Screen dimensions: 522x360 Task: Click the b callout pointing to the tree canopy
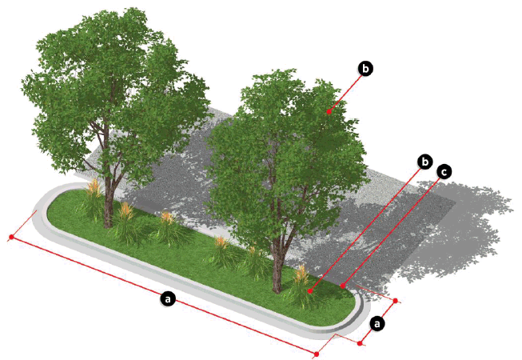tap(365, 69)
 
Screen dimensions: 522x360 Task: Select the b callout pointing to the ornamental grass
tap(424, 162)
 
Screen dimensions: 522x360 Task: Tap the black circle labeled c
tap(444, 172)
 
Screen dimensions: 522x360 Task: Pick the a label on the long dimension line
tap(168, 298)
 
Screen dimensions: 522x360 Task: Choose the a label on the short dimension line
tap(377, 323)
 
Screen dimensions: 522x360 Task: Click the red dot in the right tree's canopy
tap(329, 112)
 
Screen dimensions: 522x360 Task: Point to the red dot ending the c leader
tap(343, 286)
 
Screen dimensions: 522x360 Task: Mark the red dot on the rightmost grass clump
tap(310, 291)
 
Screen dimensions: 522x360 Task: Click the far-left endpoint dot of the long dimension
tap(11, 237)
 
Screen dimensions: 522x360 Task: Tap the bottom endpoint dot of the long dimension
tap(317, 354)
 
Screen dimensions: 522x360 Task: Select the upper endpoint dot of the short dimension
tap(396, 301)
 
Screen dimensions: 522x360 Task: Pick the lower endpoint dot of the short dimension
tap(360, 343)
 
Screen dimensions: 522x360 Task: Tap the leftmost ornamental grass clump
tap(93, 200)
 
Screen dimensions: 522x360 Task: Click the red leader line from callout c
tap(392, 230)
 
